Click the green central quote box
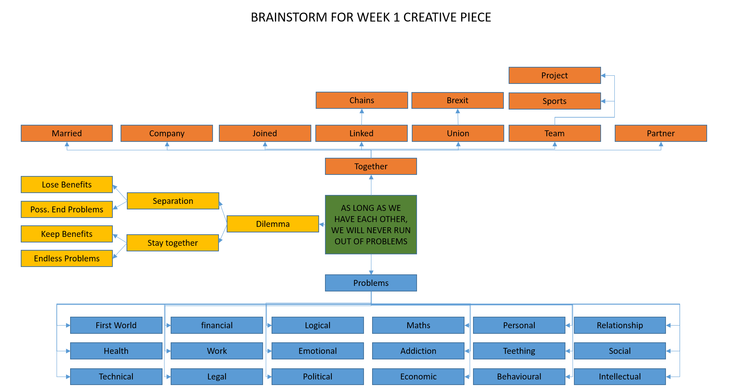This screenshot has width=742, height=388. [x=371, y=225]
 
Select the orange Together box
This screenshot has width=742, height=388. [x=371, y=166]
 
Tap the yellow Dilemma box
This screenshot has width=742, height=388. [x=273, y=224]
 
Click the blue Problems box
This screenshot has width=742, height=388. [x=371, y=283]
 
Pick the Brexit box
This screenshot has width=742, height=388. [x=457, y=100]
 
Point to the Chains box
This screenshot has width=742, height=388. [x=362, y=100]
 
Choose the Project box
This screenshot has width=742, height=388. [x=554, y=75]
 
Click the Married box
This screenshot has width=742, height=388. [x=67, y=133]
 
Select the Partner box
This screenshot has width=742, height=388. [x=660, y=133]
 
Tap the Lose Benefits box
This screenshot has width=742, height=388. [x=67, y=185]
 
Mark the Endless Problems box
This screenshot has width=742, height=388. [x=67, y=258]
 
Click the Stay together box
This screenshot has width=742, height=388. [x=173, y=243]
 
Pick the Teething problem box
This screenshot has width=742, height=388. [x=519, y=351]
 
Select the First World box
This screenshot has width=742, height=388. [x=116, y=325]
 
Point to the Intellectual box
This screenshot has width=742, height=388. [x=620, y=376]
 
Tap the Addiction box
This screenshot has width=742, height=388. [x=418, y=351]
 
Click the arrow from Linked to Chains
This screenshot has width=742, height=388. [x=362, y=117]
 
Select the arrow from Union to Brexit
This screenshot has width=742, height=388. [x=458, y=117]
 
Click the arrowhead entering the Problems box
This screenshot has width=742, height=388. [x=371, y=273]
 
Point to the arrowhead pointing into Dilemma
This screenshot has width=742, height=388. [x=321, y=224]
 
